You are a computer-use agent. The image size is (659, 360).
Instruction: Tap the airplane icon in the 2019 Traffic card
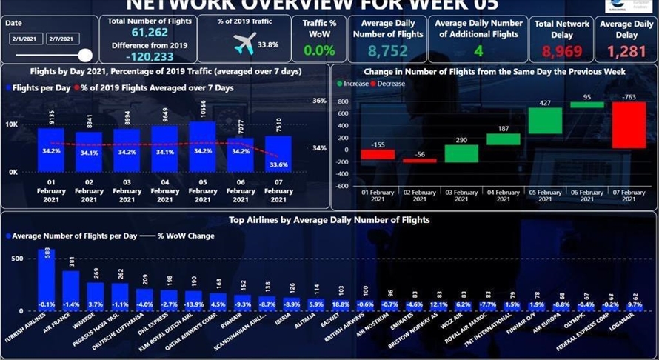tap(244, 44)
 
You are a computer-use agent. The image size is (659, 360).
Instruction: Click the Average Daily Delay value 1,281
tap(626, 51)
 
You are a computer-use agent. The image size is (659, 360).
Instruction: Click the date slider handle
tap(85, 55)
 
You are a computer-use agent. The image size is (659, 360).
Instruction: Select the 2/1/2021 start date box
tap(27, 38)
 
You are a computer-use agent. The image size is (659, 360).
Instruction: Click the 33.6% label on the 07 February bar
tap(278, 165)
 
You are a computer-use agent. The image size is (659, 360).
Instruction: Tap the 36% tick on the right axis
tap(319, 101)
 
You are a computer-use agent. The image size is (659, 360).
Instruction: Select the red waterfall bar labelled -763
tap(629, 124)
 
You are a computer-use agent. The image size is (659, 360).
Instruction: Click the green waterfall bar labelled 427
tap(545, 121)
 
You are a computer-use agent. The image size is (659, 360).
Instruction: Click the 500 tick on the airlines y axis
tap(17, 259)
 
